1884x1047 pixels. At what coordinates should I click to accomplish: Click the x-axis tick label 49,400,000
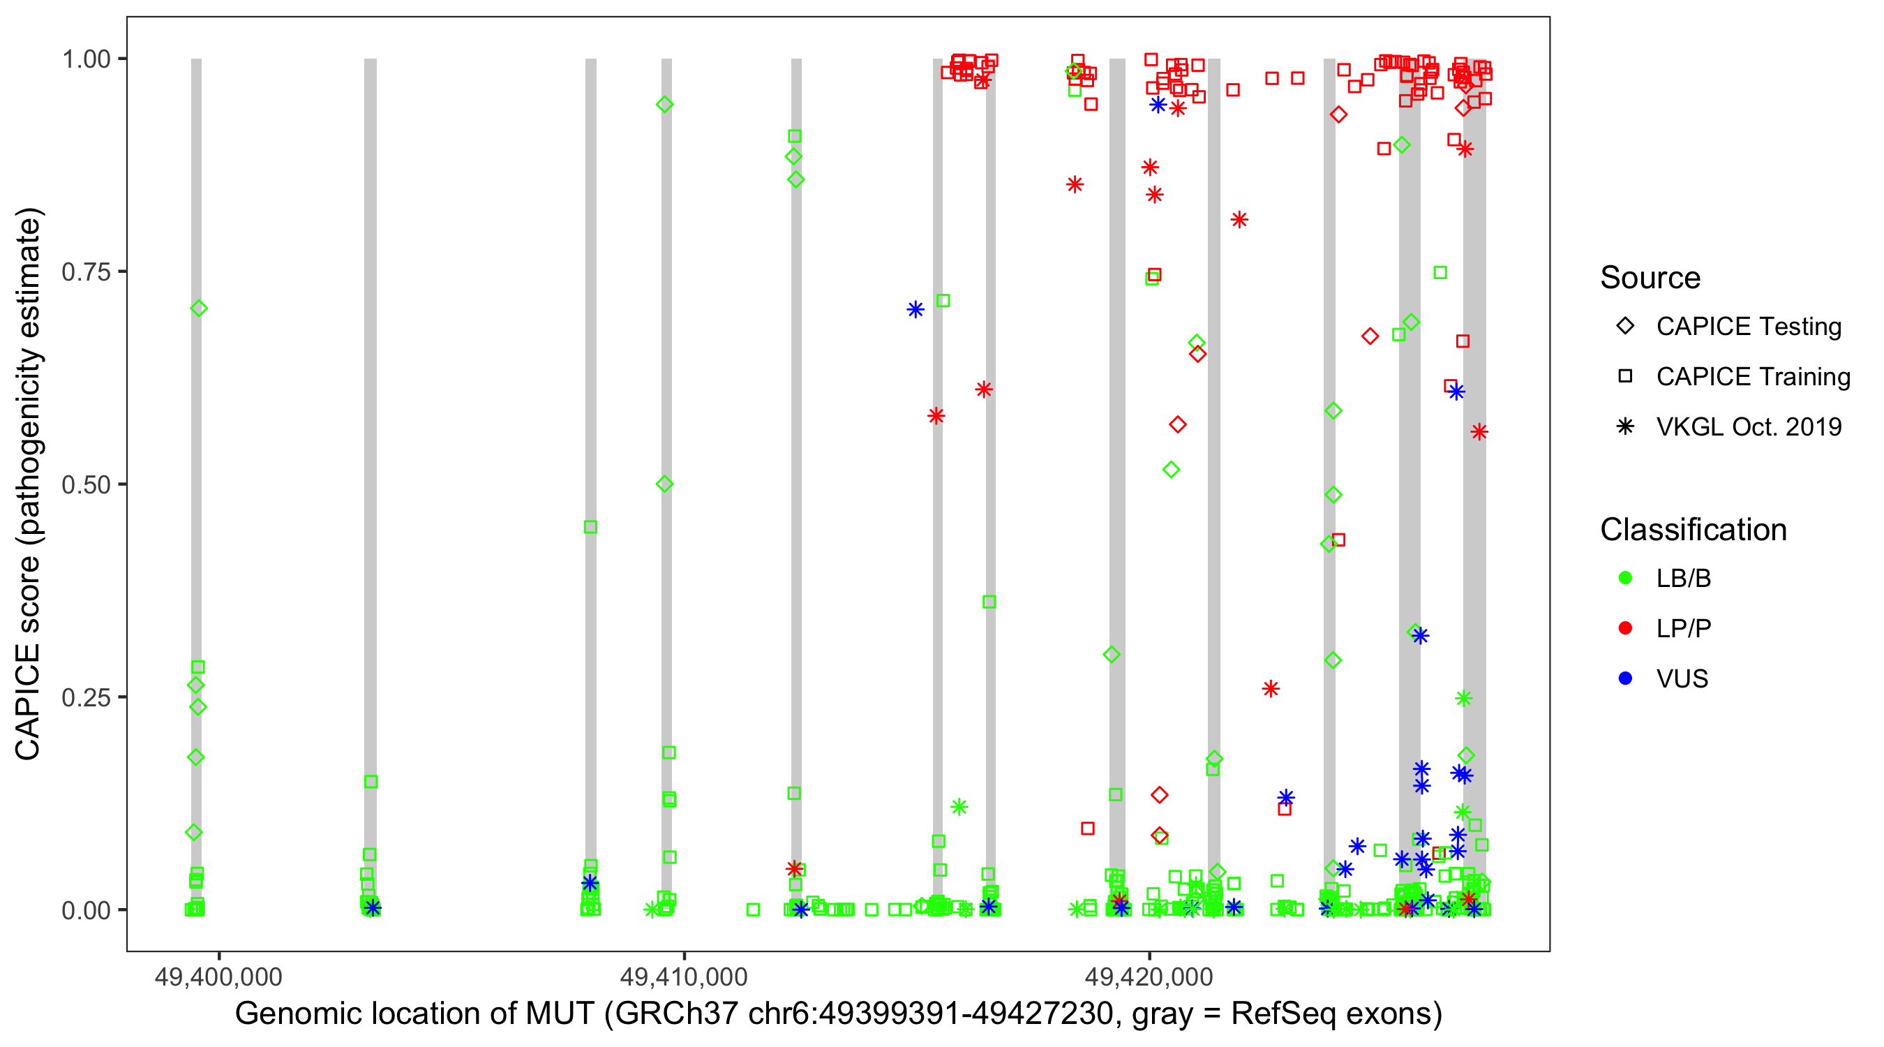click(x=218, y=976)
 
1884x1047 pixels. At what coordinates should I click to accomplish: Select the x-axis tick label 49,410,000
click(x=683, y=976)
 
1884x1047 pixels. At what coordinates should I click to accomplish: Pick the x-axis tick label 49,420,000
click(x=1149, y=976)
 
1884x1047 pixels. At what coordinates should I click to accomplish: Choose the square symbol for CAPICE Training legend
click(x=1625, y=377)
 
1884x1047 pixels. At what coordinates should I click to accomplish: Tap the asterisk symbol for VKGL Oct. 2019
click(x=1625, y=426)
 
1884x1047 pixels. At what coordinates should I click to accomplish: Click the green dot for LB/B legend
click(x=1625, y=578)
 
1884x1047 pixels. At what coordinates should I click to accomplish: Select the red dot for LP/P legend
click(x=1625, y=628)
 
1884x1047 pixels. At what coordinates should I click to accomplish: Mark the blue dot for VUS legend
click(x=1625, y=679)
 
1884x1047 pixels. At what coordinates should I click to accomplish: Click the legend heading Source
click(x=1650, y=278)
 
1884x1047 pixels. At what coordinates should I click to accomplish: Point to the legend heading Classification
click(x=1693, y=530)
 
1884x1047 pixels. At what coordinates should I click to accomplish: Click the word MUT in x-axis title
click(x=559, y=1014)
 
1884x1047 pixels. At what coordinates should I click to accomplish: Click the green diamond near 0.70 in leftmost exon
click(x=198, y=309)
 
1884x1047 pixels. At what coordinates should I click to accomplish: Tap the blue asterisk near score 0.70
click(x=915, y=310)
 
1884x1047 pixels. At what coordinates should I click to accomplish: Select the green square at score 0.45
click(x=590, y=527)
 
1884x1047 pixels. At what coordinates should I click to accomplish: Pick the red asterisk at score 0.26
click(x=1271, y=688)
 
